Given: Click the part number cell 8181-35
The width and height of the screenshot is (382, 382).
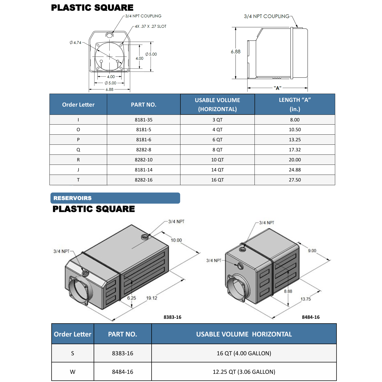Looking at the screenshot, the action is pos(144,120).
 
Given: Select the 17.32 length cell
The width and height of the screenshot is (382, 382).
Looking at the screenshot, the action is pos(295,150).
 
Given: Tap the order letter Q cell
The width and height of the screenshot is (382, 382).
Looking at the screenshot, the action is pos(78,150).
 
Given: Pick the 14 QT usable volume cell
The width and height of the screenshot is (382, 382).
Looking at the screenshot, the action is pos(217,170).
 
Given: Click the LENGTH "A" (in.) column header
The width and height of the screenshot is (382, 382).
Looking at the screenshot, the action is pos(295,104).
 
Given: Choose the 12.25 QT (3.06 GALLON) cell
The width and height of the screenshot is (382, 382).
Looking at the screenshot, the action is pos(244,371).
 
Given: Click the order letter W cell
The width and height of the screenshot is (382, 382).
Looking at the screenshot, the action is pos(72,371).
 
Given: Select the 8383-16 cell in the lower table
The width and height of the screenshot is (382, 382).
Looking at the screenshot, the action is pos(122,353).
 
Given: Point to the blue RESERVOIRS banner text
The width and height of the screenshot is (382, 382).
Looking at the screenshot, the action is pos(72,198).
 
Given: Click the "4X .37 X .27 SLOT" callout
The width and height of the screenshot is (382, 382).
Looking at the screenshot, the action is pos(151,26).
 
